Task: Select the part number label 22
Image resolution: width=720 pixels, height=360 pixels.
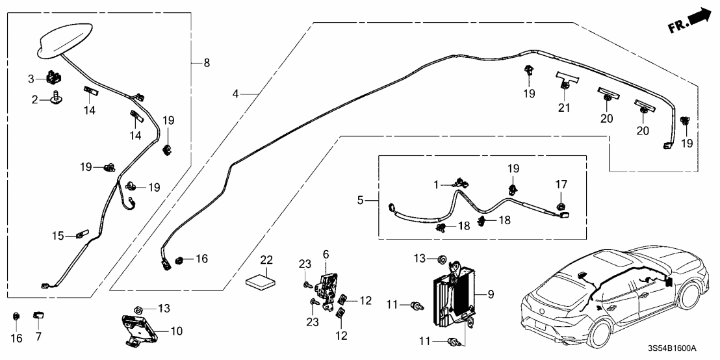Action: point(266,259)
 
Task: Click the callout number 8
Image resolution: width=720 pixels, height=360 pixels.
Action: point(207,62)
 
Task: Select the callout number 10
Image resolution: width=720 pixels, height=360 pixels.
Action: point(175,331)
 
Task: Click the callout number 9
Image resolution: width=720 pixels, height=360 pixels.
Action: point(491,294)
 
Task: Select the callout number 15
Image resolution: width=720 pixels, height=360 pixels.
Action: point(58,236)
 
